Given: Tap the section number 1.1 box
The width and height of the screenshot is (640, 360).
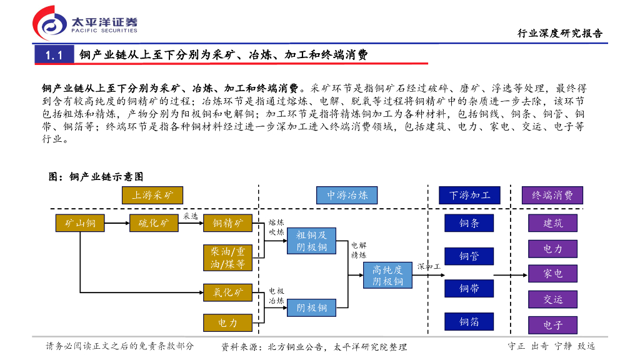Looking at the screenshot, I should pyautogui.click(x=54, y=55).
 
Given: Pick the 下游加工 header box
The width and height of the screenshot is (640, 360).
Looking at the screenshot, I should pyautogui.click(x=470, y=195).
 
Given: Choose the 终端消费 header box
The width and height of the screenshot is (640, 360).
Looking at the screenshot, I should pyautogui.click(x=552, y=195).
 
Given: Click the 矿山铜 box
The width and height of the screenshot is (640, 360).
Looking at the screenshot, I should pyautogui.click(x=81, y=223).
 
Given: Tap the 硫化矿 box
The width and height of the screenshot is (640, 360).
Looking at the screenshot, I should pyautogui.click(x=154, y=223).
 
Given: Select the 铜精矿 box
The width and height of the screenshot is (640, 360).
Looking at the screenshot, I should pyautogui.click(x=227, y=223).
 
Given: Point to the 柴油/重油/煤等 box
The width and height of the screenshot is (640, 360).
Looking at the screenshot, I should pyautogui.click(x=227, y=257).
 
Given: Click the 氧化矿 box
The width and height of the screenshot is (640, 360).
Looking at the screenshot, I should pyautogui.click(x=227, y=292).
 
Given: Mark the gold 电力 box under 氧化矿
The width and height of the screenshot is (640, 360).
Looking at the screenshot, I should pyautogui.click(x=227, y=322).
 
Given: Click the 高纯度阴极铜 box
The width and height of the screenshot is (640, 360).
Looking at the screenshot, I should pyautogui.click(x=387, y=275).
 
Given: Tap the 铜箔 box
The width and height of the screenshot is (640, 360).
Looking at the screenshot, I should pyautogui.click(x=469, y=321).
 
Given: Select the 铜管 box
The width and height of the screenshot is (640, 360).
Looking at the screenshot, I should pyautogui.click(x=469, y=256).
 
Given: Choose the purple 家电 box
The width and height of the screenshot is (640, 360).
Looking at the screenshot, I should pyautogui.click(x=552, y=273).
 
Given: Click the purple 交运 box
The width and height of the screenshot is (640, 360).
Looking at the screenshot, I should pyautogui.click(x=552, y=299).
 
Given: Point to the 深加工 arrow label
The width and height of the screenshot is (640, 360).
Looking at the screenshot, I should pyautogui.click(x=429, y=266).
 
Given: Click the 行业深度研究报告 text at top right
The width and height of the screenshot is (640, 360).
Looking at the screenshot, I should pyautogui.click(x=560, y=34).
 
